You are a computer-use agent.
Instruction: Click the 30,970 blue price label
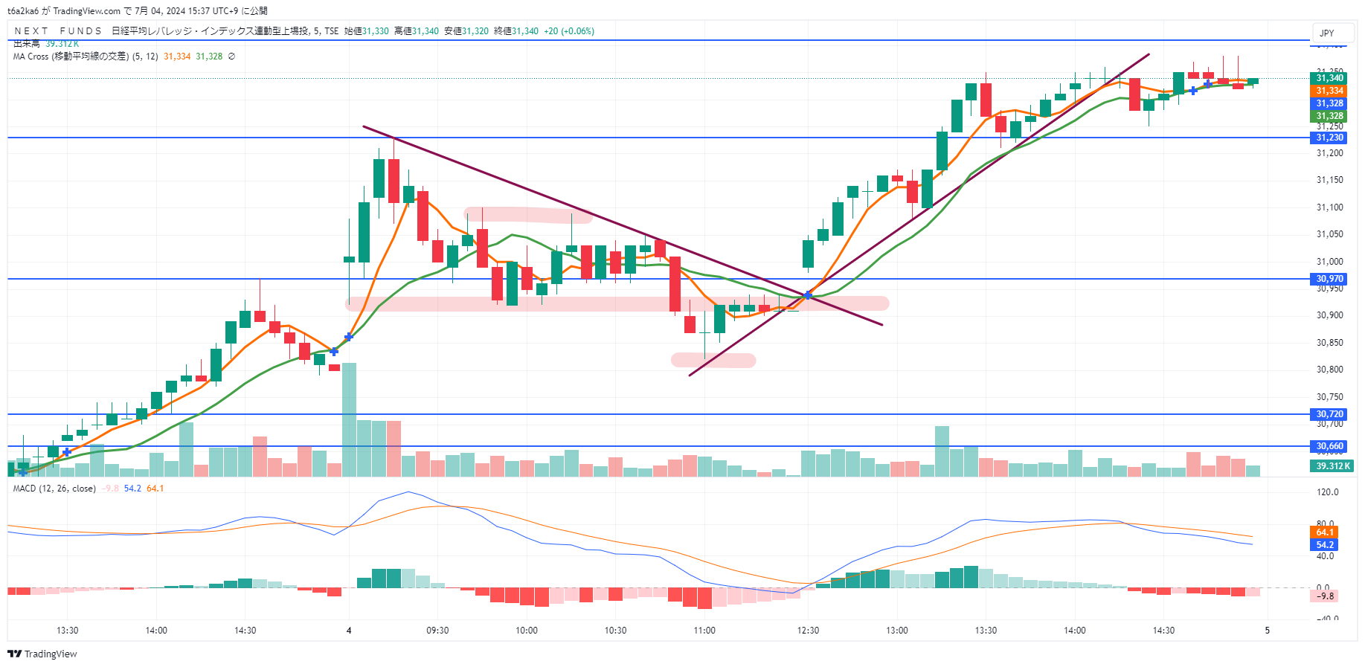pos(1329,279)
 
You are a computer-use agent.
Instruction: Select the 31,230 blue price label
pos(1329,138)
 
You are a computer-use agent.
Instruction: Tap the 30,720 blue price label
pos(1329,414)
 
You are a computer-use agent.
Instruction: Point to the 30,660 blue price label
pos(1329,446)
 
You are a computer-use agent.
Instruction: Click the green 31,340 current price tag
pos(1329,78)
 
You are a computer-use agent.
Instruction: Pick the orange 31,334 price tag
pos(1329,91)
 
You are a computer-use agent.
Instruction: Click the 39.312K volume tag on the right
pos(1332,466)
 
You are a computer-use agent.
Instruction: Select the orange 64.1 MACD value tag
pos(1324,532)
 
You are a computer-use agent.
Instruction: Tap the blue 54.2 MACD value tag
pos(1324,545)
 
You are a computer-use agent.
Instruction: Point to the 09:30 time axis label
pos(437,631)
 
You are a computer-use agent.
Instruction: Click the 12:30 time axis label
pos(808,631)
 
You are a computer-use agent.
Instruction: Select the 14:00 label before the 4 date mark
pos(156,631)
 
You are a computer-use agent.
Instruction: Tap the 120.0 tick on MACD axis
pos(1327,492)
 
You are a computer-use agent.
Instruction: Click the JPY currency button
pos(1327,33)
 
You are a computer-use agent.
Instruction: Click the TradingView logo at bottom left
pos(42,654)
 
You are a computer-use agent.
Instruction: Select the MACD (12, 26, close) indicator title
pos(54,489)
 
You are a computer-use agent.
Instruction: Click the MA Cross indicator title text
pos(71,57)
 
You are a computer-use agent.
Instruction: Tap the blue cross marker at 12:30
pos(808,295)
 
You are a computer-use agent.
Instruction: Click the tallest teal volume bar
pos(349,419)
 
